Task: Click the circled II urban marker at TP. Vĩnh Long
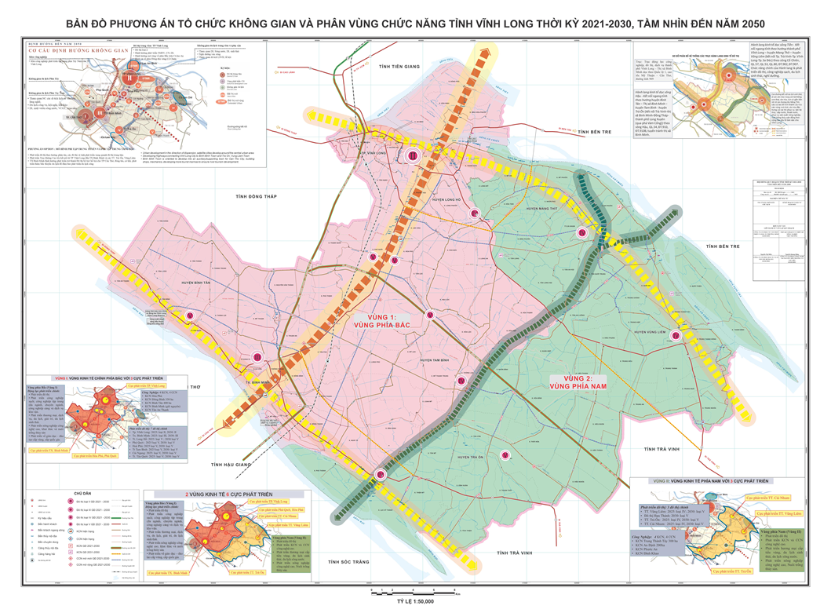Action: tap(412, 156)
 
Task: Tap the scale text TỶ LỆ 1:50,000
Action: tap(405, 606)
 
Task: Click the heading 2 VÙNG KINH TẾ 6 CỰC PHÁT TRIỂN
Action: tap(226, 494)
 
